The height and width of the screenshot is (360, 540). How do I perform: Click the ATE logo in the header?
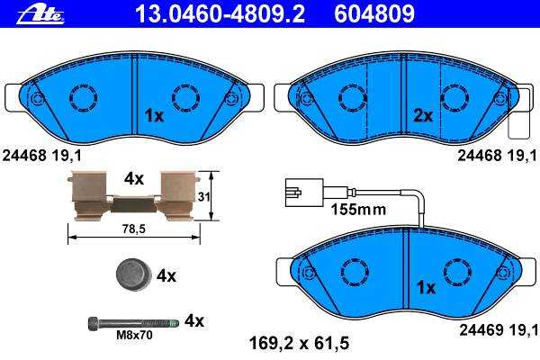(40, 14)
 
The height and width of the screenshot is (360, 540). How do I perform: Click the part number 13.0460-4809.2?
(220, 13)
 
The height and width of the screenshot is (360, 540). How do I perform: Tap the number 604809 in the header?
(374, 13)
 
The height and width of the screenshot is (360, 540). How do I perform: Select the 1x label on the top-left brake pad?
(154, 116)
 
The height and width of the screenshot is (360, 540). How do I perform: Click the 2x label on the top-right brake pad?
(423, 116)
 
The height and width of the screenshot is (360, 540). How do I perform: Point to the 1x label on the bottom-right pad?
(427, 287)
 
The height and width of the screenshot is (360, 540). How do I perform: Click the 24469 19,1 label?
(499, 330)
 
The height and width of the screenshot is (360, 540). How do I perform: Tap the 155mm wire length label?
(358, 209)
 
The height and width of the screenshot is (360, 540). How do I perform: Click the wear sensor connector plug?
(304, 193)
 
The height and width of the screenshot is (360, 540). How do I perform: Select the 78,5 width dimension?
(134, 229)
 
